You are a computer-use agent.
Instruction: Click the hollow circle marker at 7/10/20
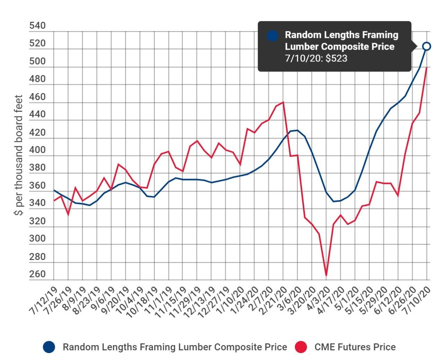[426, 46]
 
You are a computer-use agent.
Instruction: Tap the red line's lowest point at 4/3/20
[326, 275]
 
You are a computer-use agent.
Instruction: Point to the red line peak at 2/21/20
[283, 102]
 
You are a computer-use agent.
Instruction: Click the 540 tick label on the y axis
[37, 26]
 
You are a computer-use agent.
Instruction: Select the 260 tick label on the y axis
[37, 274]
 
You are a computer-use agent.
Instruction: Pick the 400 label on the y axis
[37, 150]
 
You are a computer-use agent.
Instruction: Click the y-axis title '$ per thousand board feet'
[19, 155]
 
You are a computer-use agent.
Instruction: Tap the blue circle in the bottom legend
[49, 347]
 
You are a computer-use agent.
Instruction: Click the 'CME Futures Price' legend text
[355, 347]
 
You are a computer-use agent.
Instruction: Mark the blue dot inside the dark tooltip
[272, 36]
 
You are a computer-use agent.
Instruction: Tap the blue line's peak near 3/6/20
[297, 130]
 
